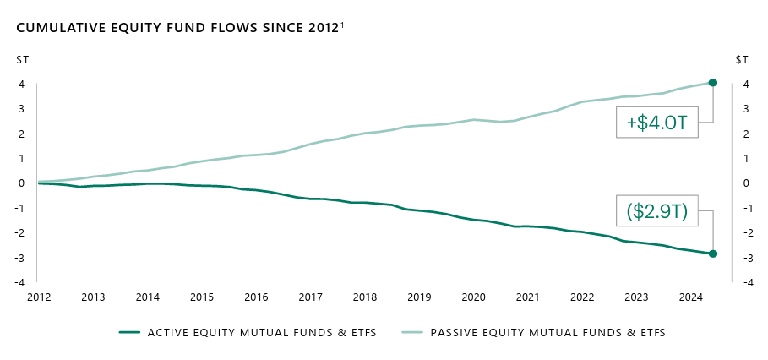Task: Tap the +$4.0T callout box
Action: (656, 124)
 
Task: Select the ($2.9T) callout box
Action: (656, 212)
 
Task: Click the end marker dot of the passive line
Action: (713, 83)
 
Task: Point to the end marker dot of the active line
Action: (713, 254)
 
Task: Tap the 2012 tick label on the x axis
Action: (39, 297)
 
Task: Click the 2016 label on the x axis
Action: (256, 297)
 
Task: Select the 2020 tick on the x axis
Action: (473, 297)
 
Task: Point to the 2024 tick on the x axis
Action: (690, 297)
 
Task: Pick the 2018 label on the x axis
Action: (365, 297)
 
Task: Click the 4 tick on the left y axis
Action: (20, 84)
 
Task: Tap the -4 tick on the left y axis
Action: (19, 282)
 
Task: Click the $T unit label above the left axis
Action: (21, 59)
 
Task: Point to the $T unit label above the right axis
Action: (742, 59)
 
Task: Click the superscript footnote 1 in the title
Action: (342, 25)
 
